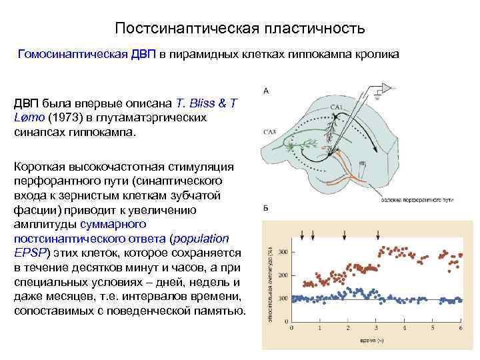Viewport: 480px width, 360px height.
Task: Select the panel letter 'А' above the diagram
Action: tap(267, 91)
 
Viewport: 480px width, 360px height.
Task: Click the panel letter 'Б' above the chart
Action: tap(267, 209)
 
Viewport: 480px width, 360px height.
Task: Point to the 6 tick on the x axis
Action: tap(461, 328)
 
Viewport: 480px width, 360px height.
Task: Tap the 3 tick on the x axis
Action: tap(376, 328)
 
